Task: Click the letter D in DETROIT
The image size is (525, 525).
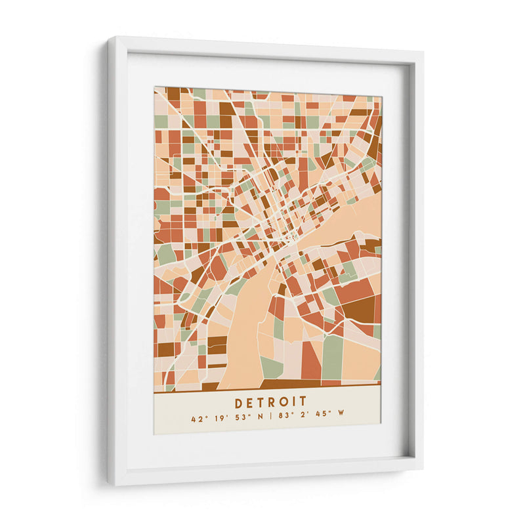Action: pos(238,401)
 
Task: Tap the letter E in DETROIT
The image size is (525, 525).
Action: pos(249,401)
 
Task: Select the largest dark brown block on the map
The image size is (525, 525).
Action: pos(358,308)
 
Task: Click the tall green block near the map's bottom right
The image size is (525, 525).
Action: pos(332,357)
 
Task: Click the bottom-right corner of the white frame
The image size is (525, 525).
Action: pos(421,469)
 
